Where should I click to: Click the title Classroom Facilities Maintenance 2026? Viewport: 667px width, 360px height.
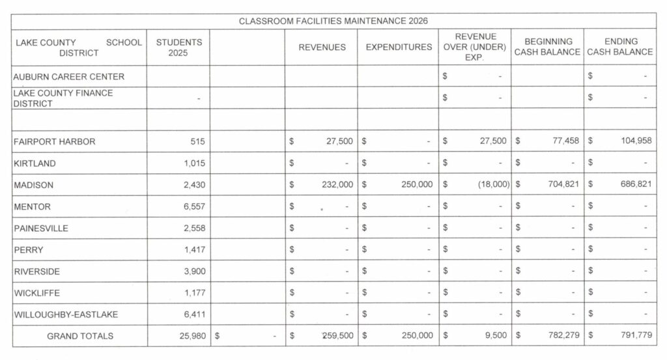tap(333, 21)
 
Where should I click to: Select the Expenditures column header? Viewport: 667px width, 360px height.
tap(398, 48)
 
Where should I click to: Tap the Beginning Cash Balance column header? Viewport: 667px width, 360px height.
tap(547, 47)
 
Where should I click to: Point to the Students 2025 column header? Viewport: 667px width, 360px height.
tap(179, 48)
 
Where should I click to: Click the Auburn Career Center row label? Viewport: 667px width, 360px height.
tap(69, 76)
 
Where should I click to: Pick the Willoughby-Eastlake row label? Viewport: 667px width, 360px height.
tap(66, 314)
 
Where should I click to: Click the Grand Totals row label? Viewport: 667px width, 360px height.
tap(80, 336)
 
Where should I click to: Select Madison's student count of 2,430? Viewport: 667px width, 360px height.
tap(195, 185)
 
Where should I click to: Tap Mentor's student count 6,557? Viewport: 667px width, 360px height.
tap(195, 206)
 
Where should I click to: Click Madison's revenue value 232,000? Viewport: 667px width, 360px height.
tap(337, 185)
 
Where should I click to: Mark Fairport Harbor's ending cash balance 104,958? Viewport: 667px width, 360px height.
tap(635, 141)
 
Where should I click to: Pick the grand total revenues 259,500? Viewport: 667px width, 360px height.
tap(337, 336)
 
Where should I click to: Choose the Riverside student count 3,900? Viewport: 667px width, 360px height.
tap(195, 271)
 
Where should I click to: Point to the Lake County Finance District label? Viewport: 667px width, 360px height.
tap(63, 98)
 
